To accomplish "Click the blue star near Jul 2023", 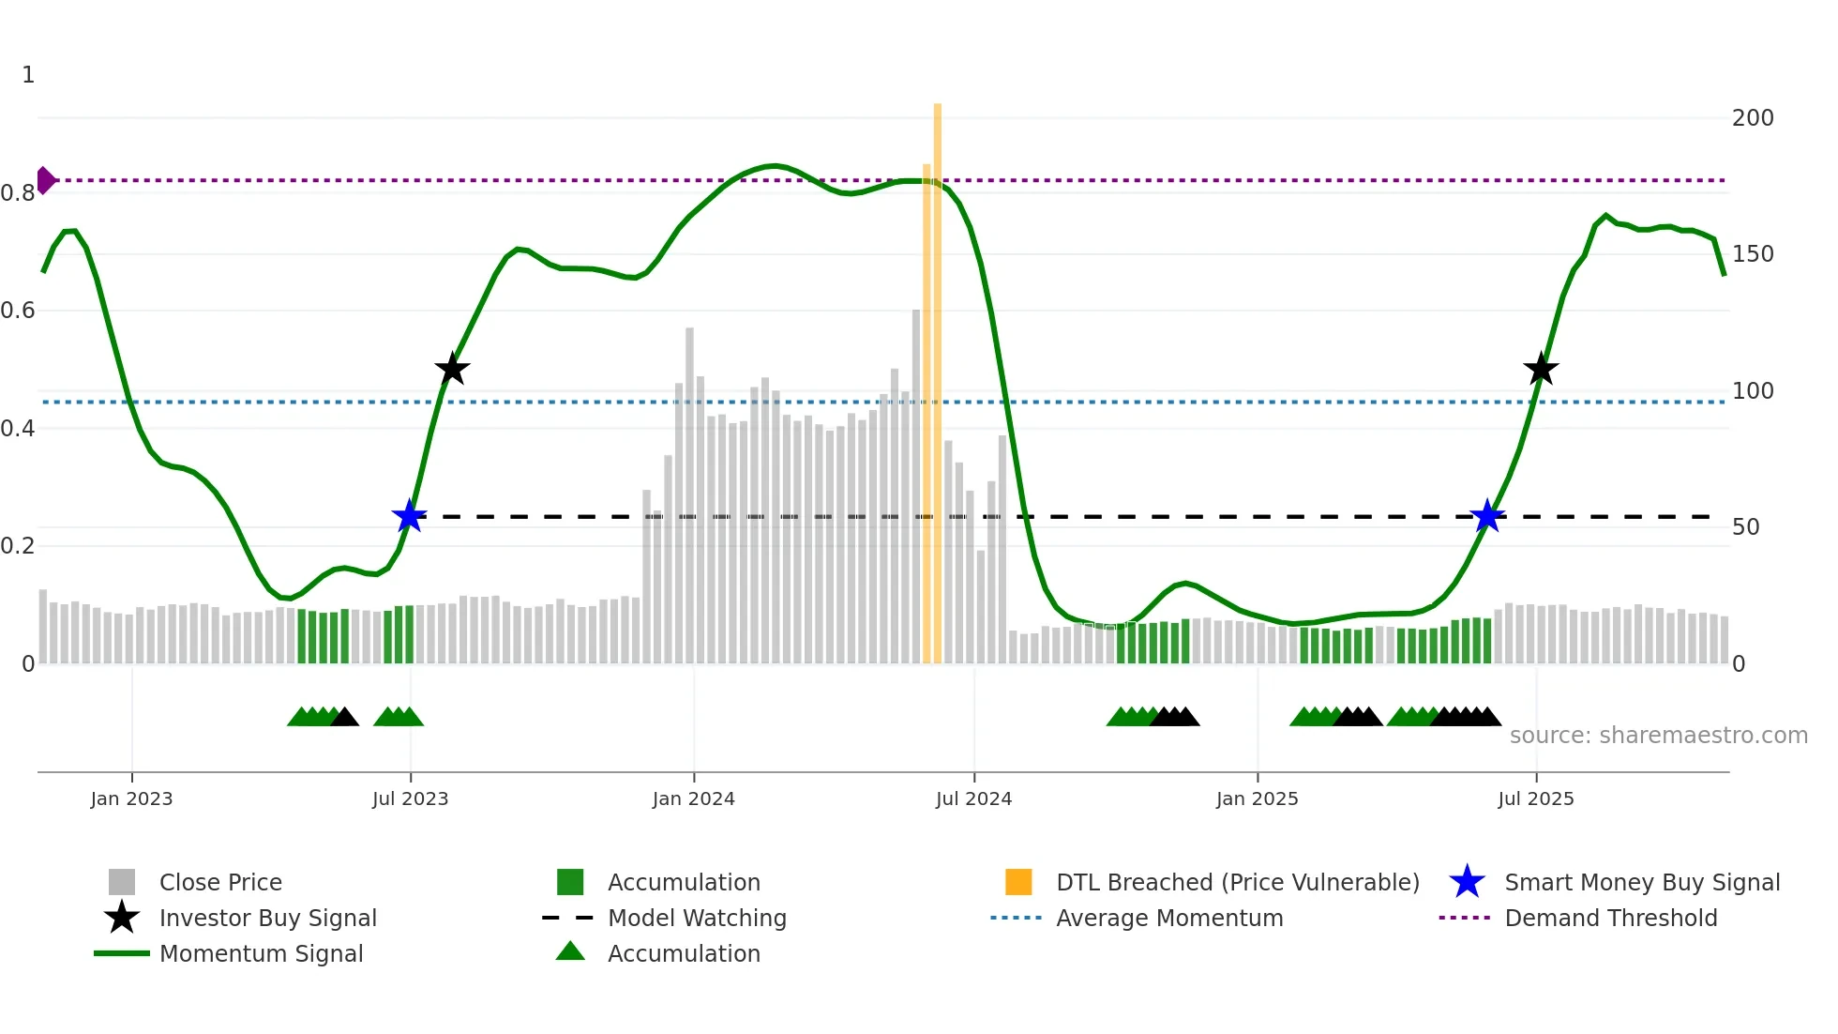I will (409, 516).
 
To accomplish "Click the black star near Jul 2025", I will (1541, 370).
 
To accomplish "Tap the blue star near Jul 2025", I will (1487, 516).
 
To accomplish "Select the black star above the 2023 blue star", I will (452, 370).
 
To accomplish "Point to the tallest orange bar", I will (937, 375).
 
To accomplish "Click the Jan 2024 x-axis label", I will (693, 799).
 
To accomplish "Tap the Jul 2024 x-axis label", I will (973, 799).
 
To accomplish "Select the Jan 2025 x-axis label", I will (1257, 799).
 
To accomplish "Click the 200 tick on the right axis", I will (1752, 118).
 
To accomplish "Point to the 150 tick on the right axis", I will (1752, 254).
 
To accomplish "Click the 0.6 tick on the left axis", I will (19, 311).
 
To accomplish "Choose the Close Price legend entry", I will (219, 883).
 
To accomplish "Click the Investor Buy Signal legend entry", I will (267, 919).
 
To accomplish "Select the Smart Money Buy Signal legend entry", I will (1641, 883).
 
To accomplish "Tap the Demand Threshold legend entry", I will (1610, 919).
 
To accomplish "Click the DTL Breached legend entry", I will (1237, 883).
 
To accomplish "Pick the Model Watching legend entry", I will (696, 919).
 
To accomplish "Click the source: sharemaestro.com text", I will (1658, 736).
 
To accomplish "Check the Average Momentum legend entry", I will (1168, 919).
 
